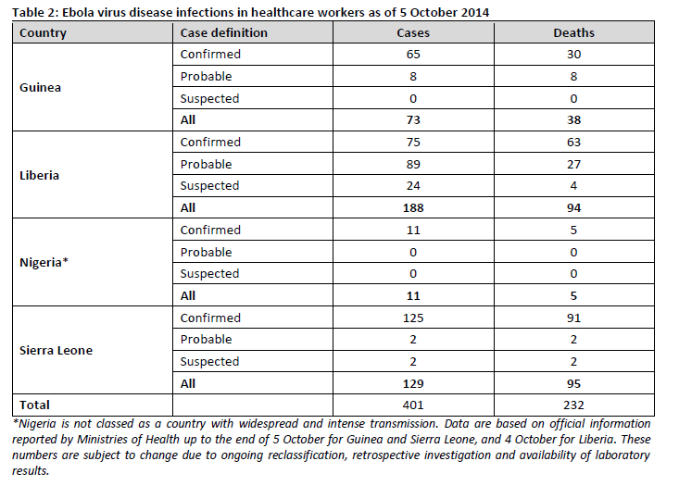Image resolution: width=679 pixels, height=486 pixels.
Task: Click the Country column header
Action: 43,33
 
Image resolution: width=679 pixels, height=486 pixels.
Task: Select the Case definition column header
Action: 224,33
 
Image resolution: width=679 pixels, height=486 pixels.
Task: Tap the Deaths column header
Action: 573,33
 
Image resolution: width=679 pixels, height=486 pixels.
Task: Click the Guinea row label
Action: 40,87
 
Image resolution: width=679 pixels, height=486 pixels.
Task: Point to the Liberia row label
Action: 39,175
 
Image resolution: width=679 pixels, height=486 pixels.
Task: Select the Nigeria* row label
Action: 44,262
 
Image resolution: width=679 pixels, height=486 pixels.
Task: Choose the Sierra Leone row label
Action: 56,350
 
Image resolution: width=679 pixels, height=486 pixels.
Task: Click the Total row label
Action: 34,405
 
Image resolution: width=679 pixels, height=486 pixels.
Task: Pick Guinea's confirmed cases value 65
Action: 413,54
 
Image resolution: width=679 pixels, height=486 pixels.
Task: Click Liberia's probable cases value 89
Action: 413,165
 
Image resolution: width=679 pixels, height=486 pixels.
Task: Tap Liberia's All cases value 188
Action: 413,208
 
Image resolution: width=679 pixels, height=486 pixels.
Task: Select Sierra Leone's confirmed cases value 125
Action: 413,318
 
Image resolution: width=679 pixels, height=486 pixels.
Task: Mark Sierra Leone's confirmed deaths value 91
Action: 573,318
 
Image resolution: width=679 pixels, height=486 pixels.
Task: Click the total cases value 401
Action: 413,405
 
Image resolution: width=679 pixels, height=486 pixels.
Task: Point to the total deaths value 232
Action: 573,405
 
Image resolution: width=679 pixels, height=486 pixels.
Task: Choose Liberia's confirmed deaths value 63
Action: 573,143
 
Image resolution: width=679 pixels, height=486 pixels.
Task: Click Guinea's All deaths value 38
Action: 573,119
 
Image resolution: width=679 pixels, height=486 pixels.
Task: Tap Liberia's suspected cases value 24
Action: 413,186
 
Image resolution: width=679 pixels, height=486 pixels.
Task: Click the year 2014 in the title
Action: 475,12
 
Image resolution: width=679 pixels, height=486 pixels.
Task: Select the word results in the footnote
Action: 31,471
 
